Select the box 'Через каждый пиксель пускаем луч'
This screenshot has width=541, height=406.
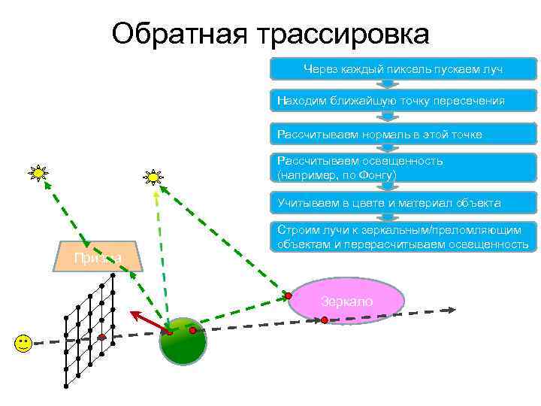click(x=403, y=69)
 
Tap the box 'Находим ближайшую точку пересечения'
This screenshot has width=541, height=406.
click(x=403, y=100)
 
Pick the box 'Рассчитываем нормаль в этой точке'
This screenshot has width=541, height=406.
click(x=403, y=134)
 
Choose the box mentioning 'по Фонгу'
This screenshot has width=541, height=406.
click(x=403, y=168)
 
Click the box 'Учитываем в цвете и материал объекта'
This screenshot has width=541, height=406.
click(x=403, y=203)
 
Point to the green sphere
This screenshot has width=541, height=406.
click(x=183, y=344)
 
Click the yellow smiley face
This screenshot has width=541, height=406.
click(x=23, y=344)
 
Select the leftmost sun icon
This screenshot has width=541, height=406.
click(x=38, y=174)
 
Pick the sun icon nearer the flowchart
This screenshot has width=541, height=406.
click(x=153, y=177)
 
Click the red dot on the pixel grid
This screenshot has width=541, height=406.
click(x=101, y=338)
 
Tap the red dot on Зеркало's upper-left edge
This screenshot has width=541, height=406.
click(x=288, y=295)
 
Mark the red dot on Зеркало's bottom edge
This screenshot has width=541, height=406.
click(x=325, y=320)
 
